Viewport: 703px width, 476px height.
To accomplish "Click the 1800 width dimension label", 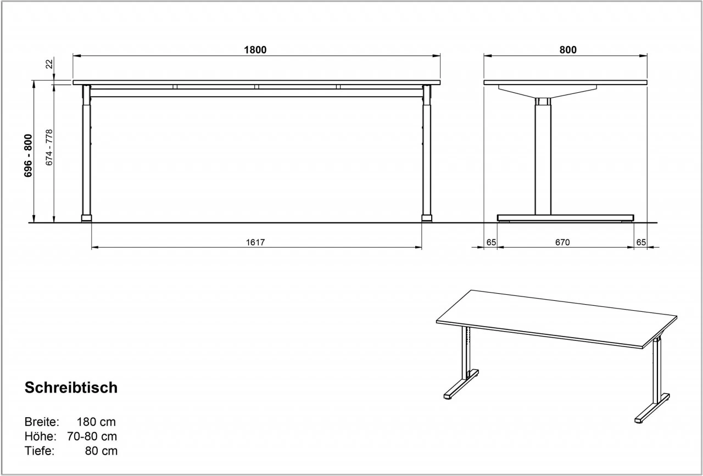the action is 255,50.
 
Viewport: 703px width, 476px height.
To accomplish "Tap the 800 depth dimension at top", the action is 568,50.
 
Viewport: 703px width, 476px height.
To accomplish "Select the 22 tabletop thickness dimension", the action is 49,64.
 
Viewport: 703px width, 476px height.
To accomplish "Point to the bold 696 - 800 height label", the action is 28,155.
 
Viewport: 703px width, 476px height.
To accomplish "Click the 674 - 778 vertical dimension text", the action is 49,148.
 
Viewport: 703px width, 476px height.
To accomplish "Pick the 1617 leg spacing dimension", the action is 255,242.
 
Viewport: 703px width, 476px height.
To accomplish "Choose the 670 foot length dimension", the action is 562,242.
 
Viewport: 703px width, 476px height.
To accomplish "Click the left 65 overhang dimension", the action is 491,242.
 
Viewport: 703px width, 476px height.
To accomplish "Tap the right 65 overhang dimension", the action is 641,242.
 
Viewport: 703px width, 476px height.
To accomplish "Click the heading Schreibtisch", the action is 71,388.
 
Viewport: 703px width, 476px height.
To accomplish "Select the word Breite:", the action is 42,422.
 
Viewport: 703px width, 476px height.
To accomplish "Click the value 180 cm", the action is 96,422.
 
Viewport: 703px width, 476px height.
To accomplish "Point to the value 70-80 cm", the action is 92,436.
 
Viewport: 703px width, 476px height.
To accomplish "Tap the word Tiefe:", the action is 40,451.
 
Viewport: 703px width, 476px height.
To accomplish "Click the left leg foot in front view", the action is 87,219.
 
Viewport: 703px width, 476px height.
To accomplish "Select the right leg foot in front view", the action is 427,219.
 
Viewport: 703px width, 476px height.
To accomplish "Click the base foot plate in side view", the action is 566,218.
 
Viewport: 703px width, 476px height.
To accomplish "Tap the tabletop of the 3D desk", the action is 556,318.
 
